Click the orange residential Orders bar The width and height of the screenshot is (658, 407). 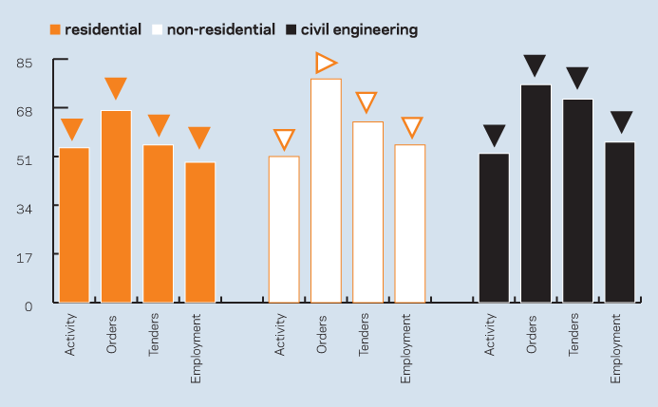point(116,207)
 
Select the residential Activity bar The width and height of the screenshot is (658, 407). point(74,226)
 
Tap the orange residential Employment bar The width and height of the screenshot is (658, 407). point(199,232)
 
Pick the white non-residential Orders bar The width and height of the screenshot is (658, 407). point(326,191)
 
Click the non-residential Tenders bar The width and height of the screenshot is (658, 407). point(367,213)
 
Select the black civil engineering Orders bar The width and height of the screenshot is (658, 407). point(536,194)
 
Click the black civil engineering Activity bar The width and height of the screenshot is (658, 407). point(494,228)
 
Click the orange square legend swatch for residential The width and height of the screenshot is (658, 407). point(55,30)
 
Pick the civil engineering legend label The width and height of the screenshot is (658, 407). point(359,30)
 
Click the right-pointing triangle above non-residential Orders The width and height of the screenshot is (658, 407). point(326,63)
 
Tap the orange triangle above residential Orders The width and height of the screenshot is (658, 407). point(116,87)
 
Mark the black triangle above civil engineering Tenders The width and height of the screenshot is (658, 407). point(577,77)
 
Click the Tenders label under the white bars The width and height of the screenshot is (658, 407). point(364,335)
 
